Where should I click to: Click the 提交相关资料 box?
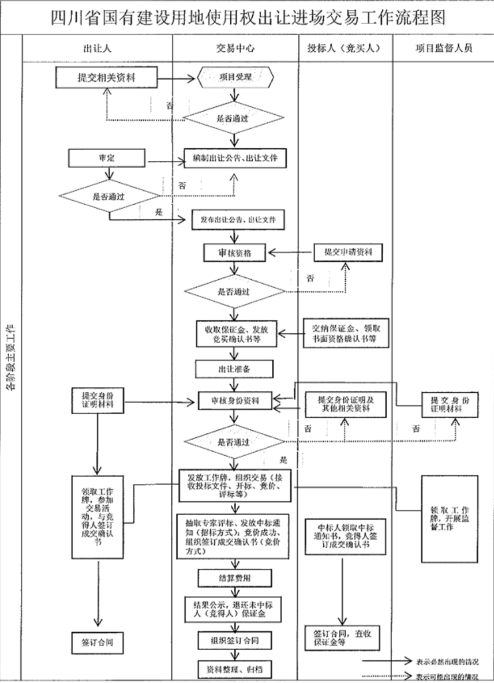tap(106, 77)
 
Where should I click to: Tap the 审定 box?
tap(105, 157)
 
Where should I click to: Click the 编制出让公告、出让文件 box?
tap(235, 157)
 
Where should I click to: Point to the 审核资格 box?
tap(234, 253)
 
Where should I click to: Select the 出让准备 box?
tap(234, 368)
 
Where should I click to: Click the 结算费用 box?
tap(234, 577)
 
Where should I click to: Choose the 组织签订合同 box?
tap(234, 640)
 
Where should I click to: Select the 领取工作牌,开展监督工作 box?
tap(450, 519)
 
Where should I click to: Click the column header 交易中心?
tap(234, 48)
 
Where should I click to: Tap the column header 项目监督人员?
tap(443, 48)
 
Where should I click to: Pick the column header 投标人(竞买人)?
tap(345, 48)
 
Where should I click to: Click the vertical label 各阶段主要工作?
tap(11, 358)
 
